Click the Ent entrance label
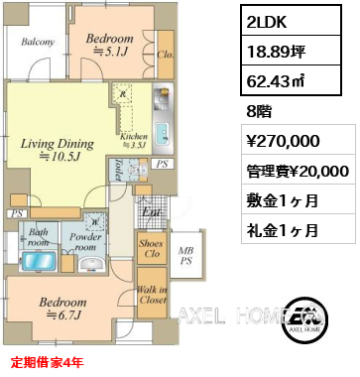[152, 210]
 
